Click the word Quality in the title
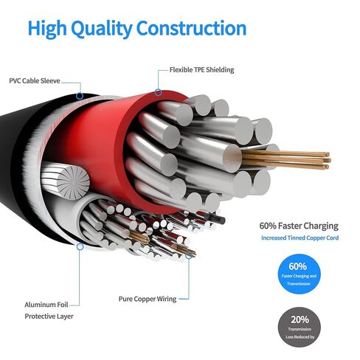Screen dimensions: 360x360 [x=102, y=29]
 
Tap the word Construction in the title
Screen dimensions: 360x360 [x=191, y=28]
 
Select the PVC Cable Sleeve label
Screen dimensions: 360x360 [x=35, y=81]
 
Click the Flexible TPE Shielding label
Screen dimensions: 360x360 [x=201, y=70]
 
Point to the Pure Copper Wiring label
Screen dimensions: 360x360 [x=148, y=299]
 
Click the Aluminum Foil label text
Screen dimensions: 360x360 [x=46, y=305]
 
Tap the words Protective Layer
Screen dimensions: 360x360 [x=49, y=316]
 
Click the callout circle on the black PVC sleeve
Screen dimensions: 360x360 [x=80, y=96]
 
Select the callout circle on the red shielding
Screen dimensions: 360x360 [x=158, y=93]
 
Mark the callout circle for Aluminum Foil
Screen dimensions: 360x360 [x=80, y=246]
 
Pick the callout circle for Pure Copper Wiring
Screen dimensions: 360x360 [x=189, y=255]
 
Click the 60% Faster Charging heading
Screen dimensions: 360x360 [x=299, y=226]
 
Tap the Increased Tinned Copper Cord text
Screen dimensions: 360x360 [x=300, y=238]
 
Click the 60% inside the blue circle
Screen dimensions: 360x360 [x=298, y=266]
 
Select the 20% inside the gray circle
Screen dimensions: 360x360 [x=300, y=319]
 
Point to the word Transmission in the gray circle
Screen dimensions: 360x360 [x=300, y=329]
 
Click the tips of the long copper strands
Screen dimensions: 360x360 [x=328, y=160]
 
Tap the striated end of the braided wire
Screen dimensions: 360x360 [x=73, y=182]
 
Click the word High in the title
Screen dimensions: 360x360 [x=47, y=29]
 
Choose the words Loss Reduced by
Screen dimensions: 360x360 [x=300, y=337]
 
